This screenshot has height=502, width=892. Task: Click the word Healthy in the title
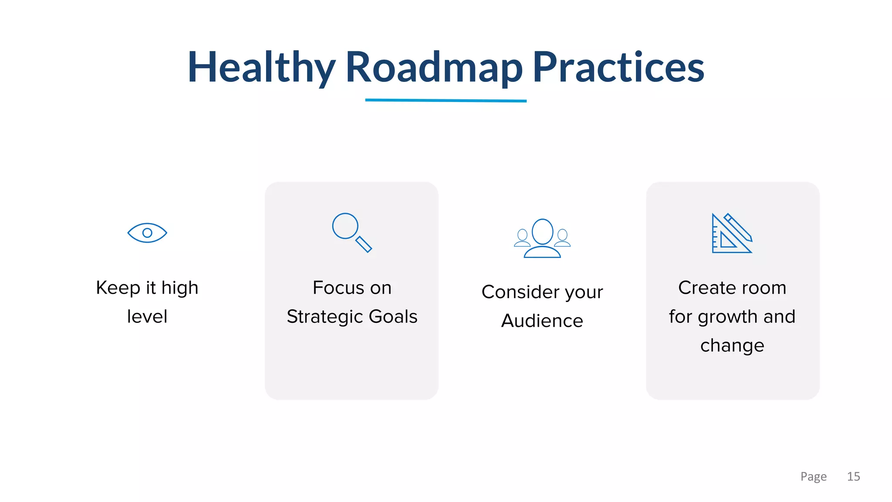(261, 68)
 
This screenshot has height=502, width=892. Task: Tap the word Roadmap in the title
(434, 68)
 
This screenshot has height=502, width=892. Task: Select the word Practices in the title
(618, 68)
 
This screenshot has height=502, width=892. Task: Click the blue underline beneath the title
(446, 100)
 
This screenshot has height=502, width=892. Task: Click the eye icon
(147, 233)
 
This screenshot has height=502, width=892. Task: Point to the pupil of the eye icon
(147, 233)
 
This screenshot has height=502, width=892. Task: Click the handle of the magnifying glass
(364, 244)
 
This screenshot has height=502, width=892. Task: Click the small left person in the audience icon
(522, 238)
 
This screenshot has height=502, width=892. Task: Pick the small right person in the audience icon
(562, 238)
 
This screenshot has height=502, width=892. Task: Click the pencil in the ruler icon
(739, 227)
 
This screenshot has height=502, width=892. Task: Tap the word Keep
(118, 288)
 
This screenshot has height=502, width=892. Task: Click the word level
(147, 317)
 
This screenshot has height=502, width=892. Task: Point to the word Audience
(542, 321)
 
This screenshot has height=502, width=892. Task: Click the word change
(732, 346)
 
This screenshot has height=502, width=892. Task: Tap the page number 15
(853, 476)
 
